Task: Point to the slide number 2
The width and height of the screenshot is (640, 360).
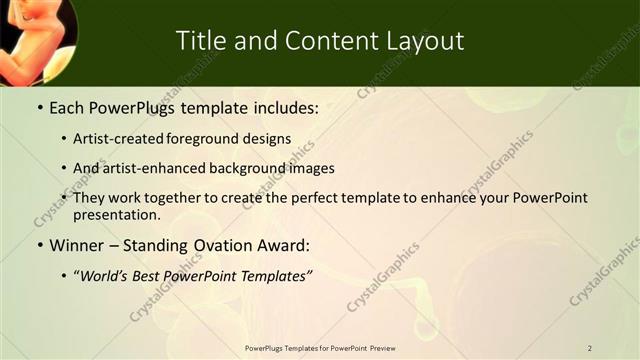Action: [589, 348]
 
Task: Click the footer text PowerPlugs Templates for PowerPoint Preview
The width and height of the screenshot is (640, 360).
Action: [320, 348]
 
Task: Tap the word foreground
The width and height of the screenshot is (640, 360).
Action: [208, 138]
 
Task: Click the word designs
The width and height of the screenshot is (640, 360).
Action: [271, 138]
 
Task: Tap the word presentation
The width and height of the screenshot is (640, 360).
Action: [115, 215]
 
